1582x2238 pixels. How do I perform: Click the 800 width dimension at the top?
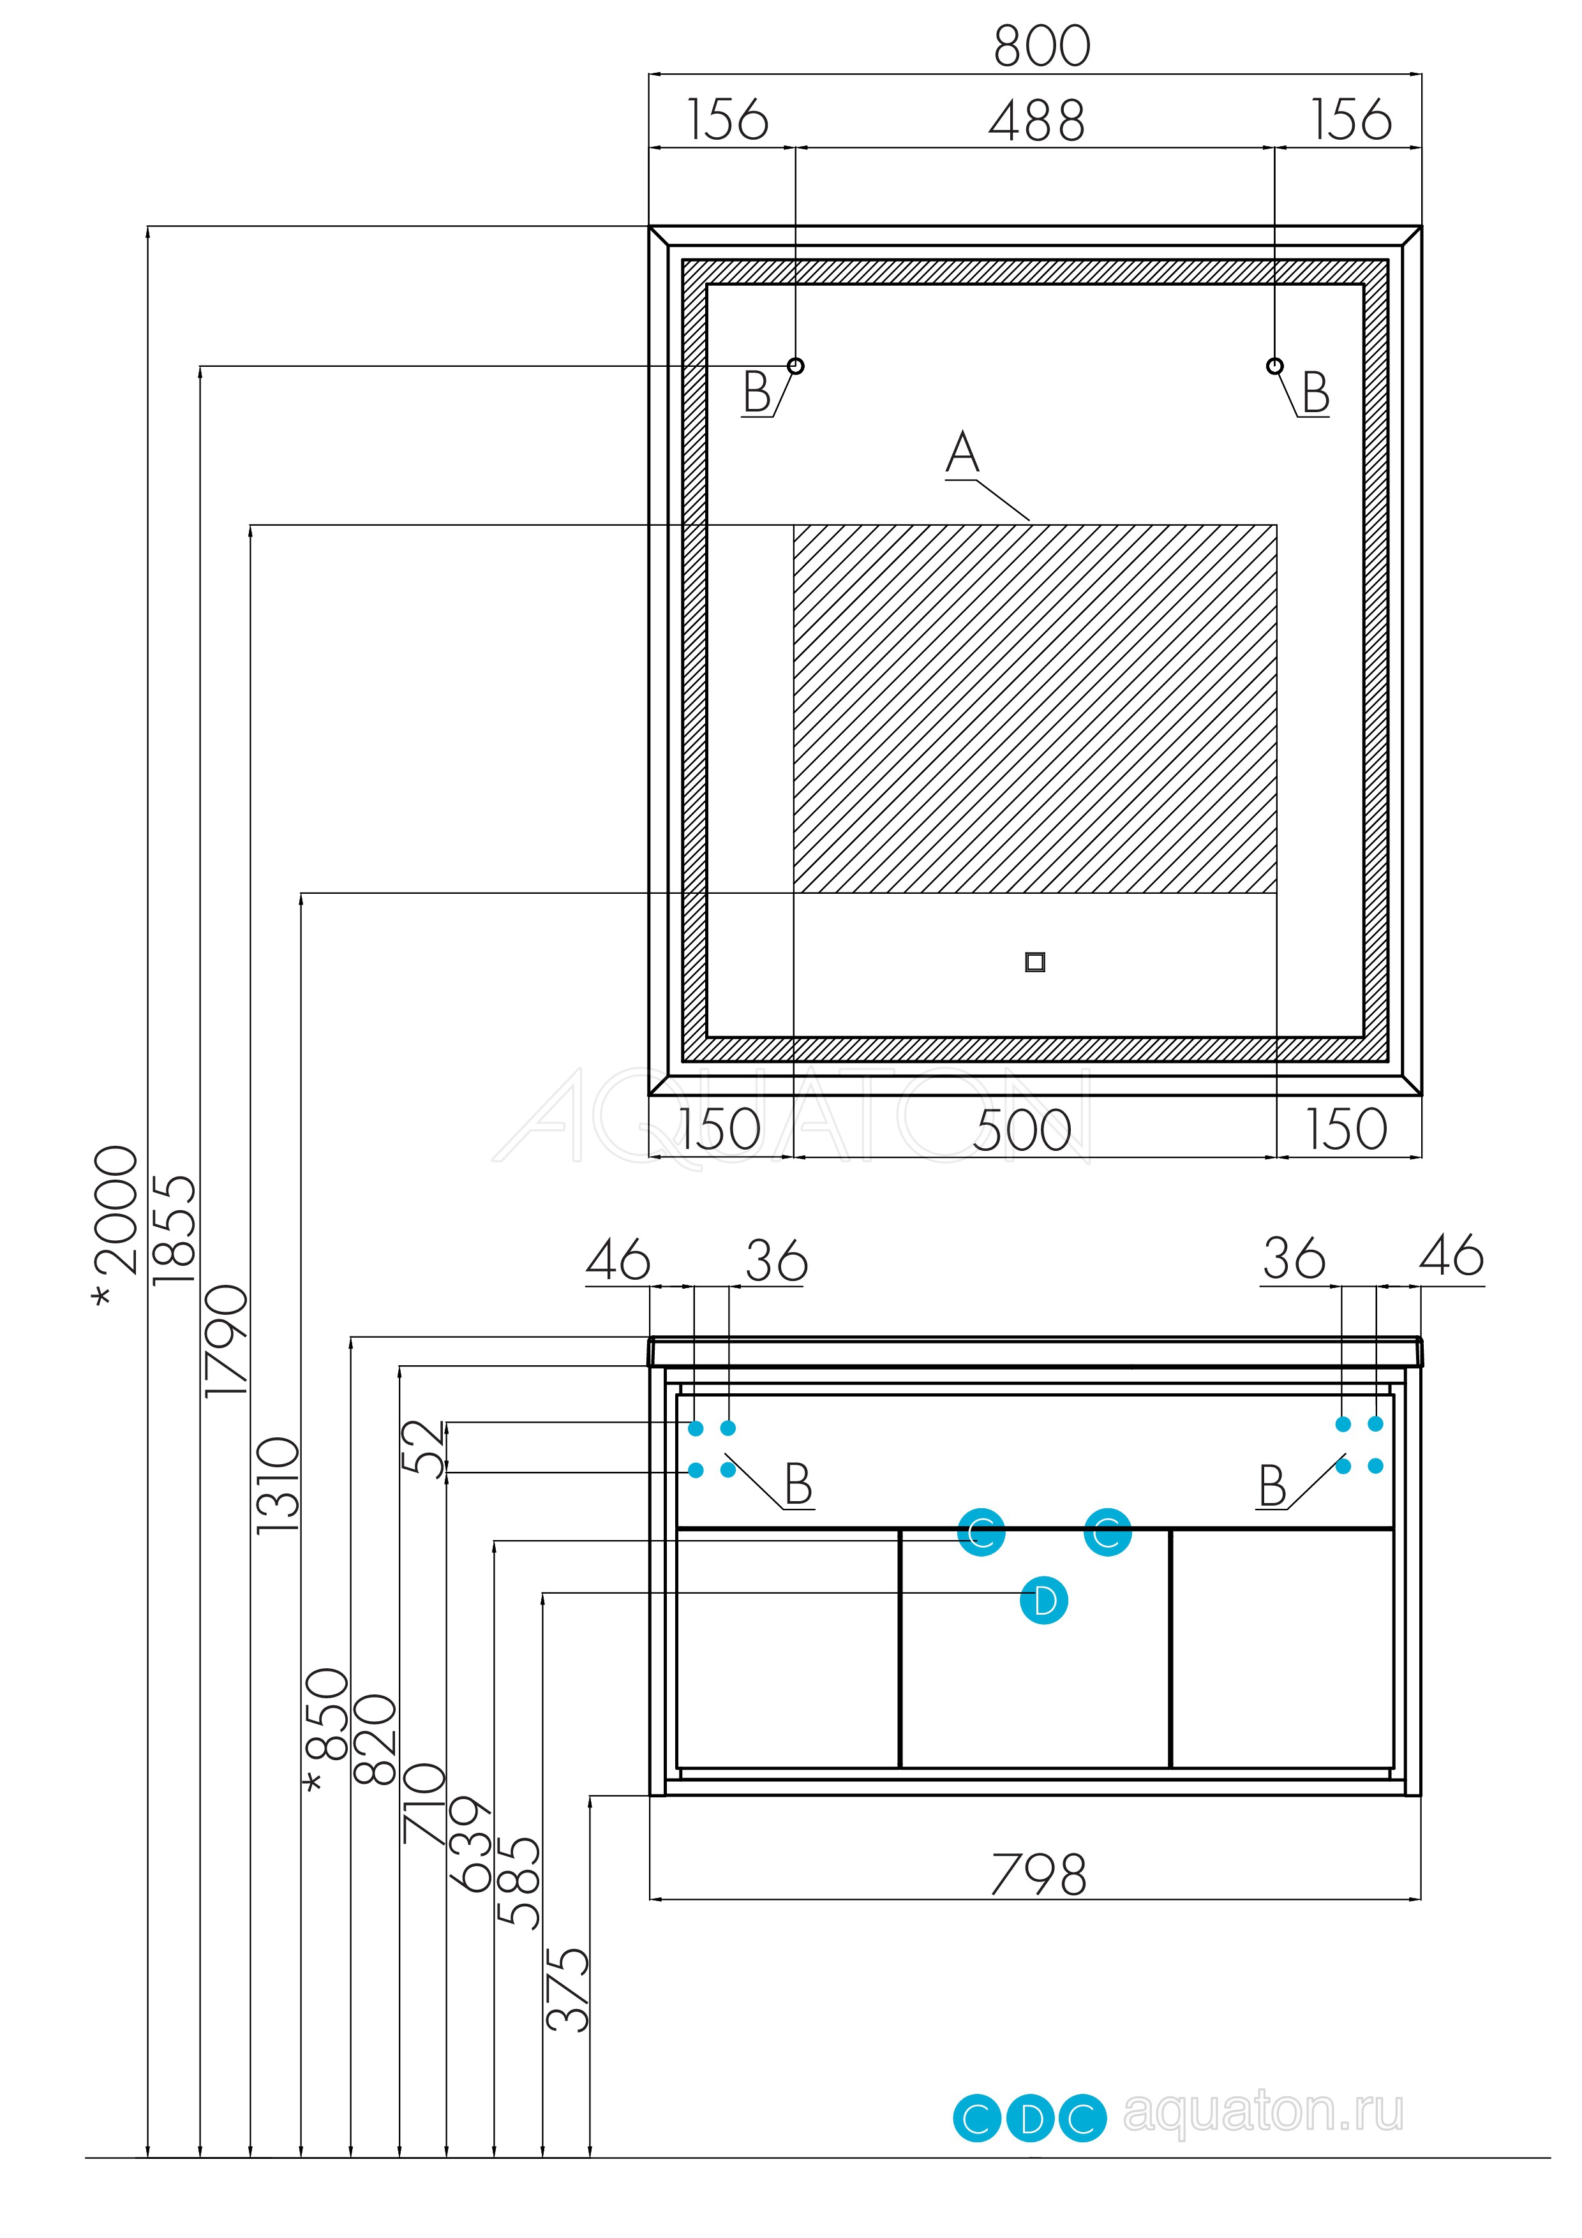pyautogui.click(x=1041, y=46)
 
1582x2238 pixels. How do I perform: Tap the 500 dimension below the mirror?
pyautogui.click(x=1022, y=1130)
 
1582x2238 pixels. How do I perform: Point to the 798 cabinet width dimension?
pyautogui.click(x=1038, y=1874)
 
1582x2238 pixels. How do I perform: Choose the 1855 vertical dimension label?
pyautogui.click(x=175, y=1229)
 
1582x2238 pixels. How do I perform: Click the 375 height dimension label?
pyautogui.click(x=567, y=1989)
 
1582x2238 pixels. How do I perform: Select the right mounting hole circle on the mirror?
pyautogui.click(x=1274, y=366)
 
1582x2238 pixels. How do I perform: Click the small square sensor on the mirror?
pyautogui.click(x=1035, y=962)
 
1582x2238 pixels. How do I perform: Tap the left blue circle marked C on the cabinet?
pyautogui.click(x=981, y=1533)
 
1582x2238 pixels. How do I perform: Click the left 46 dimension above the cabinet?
pyautogui.click(x=618, y=1261)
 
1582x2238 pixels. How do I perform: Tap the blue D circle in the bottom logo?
pyautogui.click(x=1030, y=2118)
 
